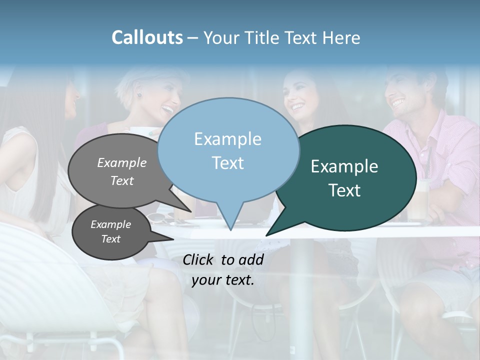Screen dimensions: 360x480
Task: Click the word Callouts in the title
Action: coord(147,37)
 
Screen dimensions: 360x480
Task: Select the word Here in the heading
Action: coord(341,38)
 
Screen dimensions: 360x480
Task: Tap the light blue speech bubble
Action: coord(227,150)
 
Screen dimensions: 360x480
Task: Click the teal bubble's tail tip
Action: coord(267,235)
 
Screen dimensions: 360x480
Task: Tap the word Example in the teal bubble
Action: coord(344,166)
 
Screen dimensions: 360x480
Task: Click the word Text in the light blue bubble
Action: coord(227,163)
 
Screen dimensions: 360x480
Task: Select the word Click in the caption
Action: coord(199,259)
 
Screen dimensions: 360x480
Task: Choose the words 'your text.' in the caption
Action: coord(223,280)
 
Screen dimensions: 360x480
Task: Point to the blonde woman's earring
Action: coord(140,95)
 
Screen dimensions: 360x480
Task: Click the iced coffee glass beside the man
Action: coord(419,200)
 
